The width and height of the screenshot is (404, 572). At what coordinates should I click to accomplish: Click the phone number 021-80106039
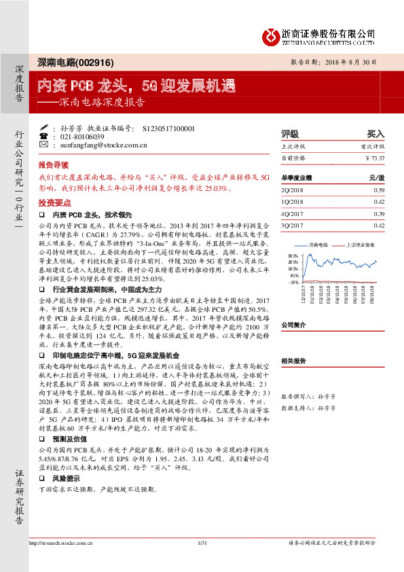(77, 137)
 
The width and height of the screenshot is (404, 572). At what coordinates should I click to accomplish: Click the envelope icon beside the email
(44, 145)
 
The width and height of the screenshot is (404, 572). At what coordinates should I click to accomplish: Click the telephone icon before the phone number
(44, 137)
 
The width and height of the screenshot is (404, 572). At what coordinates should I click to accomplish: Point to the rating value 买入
(375, 134)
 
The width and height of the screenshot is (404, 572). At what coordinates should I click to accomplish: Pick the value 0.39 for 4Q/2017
(379, 213)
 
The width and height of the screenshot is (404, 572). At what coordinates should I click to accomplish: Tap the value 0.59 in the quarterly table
(379, 190)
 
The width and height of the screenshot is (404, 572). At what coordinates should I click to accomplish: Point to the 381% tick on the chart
(294, 255)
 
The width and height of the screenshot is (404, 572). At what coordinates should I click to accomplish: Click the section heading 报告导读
(53, 165)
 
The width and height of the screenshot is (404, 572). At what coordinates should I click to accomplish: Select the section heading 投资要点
(53, 203)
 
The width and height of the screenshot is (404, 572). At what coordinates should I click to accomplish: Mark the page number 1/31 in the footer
(202, 562)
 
